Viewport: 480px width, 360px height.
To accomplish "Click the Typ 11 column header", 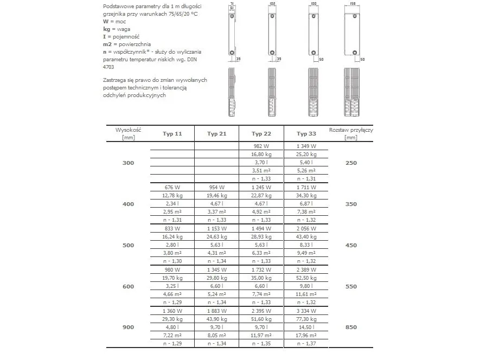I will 171,134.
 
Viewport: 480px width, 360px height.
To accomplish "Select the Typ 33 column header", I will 306,134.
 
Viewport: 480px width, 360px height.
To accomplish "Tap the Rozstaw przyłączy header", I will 351,133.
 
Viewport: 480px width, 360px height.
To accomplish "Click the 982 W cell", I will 261,146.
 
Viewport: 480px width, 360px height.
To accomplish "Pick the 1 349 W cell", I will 306,146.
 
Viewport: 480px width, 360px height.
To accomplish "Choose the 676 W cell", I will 171,187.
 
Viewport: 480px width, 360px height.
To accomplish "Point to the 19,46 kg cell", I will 216,195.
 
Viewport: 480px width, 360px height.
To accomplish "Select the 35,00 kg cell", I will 261,278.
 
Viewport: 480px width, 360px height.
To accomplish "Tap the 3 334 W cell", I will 306,311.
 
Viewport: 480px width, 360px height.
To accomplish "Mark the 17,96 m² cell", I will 306,336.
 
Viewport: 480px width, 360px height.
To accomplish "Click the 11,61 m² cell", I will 306,294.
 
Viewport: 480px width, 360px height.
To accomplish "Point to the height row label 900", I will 127,327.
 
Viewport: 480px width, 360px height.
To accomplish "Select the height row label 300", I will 127,163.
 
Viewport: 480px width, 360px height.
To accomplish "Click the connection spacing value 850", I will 351,327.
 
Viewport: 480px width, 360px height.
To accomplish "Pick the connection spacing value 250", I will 351,163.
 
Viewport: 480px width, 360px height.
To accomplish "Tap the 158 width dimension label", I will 353,4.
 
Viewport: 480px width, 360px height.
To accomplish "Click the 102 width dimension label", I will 272,4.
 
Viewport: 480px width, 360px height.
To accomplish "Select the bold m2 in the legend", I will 107,44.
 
